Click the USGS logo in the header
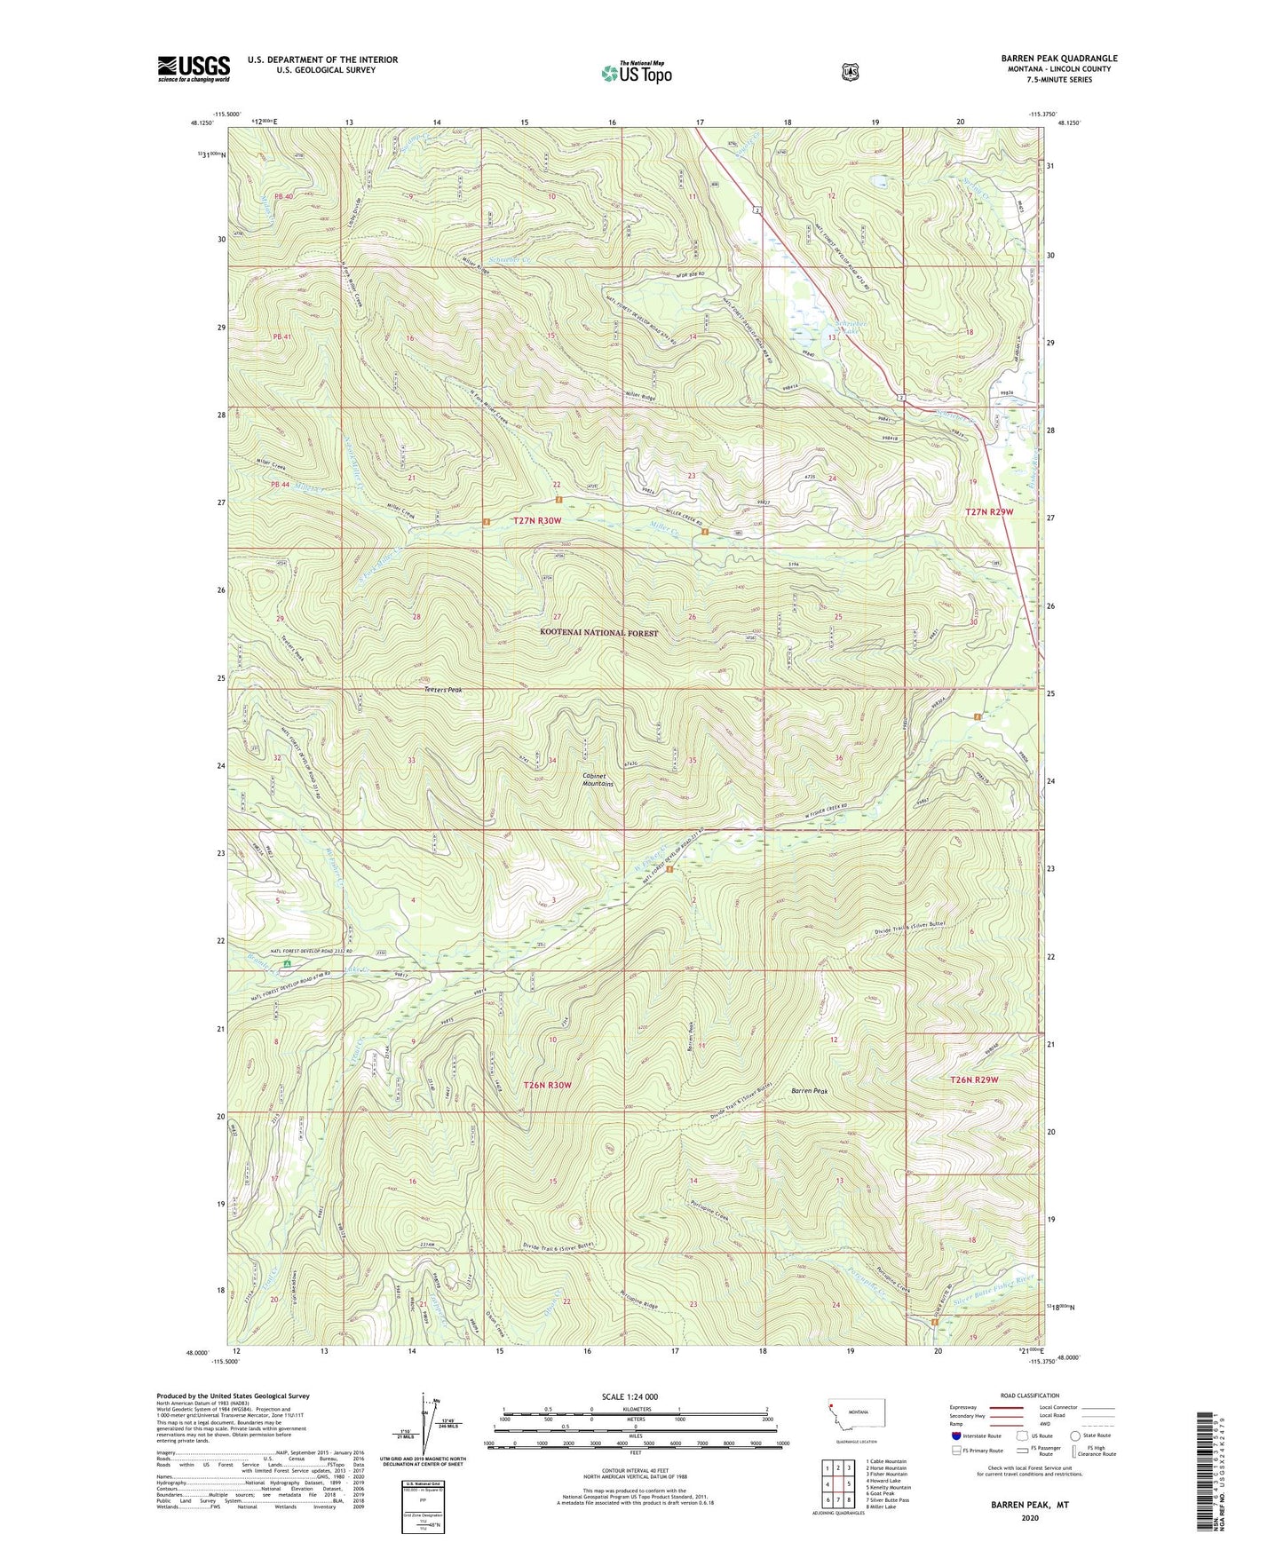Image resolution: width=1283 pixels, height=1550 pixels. [x=194, y=67]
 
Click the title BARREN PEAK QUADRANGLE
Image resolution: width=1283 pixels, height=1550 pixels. [x=1058, y=59]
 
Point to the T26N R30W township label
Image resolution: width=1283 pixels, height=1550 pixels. [x=547, y=1085]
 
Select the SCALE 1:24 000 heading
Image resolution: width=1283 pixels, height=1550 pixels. [x=630, y=1396]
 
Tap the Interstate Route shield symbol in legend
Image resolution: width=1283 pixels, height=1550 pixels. [x=956, y=1435]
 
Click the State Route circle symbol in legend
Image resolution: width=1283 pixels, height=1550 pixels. [x=1075, y=1435]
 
